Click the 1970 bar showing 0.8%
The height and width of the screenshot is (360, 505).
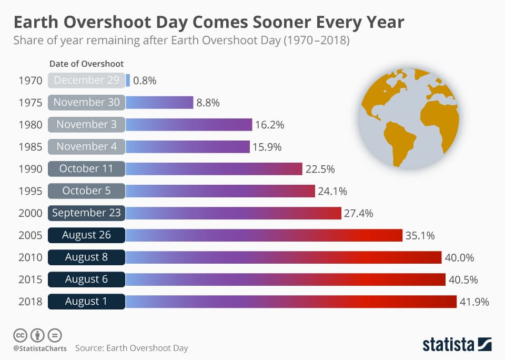128,80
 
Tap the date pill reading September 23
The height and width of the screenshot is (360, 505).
87,213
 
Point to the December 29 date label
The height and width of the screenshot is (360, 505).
87,80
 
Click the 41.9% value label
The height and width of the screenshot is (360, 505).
475,302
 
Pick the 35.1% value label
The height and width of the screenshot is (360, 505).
420,235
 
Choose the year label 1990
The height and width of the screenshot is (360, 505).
29,169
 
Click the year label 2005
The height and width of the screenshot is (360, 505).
29,235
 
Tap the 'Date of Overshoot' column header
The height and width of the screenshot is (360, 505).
86,64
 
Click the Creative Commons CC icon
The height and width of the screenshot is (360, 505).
21,335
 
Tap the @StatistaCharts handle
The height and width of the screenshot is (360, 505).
40,348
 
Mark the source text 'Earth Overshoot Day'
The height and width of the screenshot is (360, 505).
147,348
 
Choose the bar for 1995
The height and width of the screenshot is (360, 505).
220,191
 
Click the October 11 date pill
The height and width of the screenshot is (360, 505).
87,169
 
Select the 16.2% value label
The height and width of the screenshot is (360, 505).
270,125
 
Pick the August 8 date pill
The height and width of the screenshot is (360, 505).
87,257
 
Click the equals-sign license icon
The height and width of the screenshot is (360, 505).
55,335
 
